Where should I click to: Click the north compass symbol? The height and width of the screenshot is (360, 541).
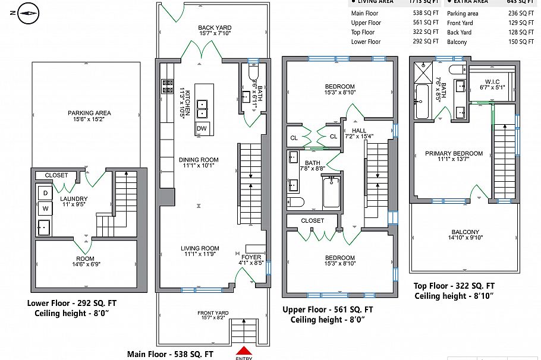click(x=28, y=12)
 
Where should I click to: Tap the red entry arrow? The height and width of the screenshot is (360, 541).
click(x=244, y=352)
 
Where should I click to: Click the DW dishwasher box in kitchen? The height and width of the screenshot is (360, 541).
click(x=202, y=129)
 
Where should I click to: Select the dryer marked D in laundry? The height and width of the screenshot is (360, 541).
click(x=45, y=192)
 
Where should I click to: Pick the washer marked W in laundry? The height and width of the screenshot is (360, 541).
click(x=45, y=209)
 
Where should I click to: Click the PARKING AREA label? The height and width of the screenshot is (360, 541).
click(x=89, y=113)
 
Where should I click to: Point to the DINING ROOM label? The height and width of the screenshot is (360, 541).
click(x=199, y=160)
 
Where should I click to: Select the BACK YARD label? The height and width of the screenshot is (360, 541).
click(x=215, y=28)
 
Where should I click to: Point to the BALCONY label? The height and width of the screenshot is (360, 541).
click(x=465, y=232)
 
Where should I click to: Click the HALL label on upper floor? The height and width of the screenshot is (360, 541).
click(x=359, y=130)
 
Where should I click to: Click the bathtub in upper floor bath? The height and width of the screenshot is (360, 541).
click(x=332, y=192)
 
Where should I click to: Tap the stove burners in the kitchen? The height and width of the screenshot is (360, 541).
click(x=168, y=87)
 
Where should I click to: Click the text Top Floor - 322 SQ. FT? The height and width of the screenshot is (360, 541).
click(x=457, y=285)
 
